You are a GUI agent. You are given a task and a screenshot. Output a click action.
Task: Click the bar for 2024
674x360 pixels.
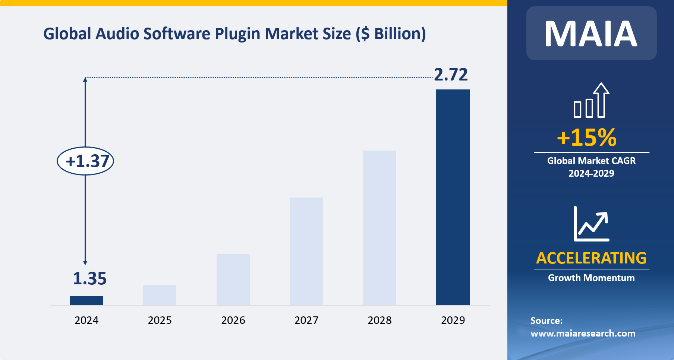click(86, 300)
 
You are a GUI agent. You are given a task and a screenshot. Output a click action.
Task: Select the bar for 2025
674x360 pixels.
click(160, 295)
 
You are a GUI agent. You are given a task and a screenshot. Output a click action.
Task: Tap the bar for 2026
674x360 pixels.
click(233, 279)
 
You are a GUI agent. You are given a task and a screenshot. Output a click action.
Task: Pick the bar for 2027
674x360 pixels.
click(306, 251)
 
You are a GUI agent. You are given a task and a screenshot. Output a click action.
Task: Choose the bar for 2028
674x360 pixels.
click(379, 227)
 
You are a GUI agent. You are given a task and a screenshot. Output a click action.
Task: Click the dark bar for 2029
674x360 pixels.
click(453, 197)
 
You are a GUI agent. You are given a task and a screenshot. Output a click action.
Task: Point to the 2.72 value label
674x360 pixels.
click(451, 75)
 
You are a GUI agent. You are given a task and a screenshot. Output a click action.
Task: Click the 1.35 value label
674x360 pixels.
click(89, 279)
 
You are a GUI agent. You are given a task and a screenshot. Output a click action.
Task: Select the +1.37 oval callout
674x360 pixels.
click(85, 161)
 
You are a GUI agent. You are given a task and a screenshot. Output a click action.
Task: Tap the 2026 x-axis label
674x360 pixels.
click(233, 320)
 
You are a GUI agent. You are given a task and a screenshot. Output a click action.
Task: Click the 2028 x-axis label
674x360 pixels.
click(379, 320)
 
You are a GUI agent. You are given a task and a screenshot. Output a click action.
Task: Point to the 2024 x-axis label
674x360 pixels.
click(86, 320)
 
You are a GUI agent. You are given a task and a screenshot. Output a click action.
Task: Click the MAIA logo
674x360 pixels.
click(591, 34)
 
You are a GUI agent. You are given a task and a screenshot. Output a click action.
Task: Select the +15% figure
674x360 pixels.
click(587, 137)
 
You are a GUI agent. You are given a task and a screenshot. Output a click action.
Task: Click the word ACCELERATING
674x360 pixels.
click(591, 258)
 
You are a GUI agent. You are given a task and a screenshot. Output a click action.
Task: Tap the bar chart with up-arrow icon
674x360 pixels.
click(591, 100)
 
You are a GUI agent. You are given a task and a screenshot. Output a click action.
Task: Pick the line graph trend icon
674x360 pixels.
click(591, 224)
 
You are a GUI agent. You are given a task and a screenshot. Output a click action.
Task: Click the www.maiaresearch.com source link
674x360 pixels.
click(583, 333)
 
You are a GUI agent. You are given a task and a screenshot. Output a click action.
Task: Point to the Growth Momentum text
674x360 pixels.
click(591, 278)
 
